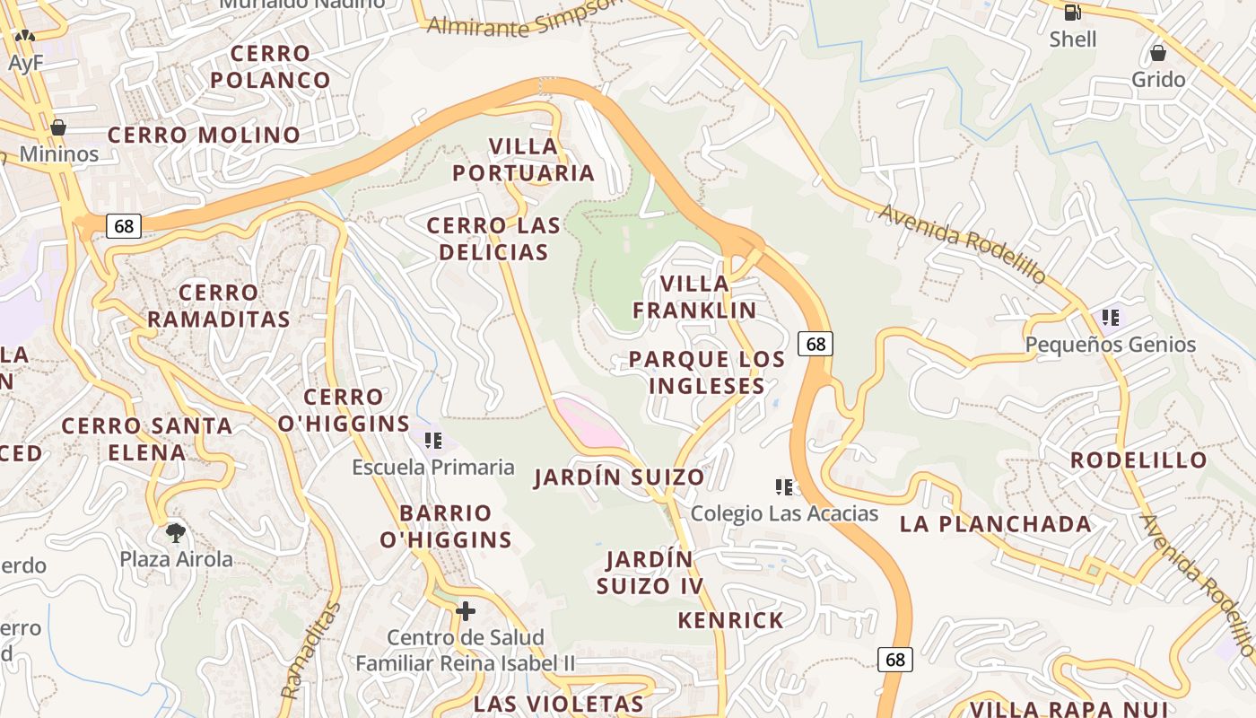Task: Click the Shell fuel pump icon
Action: pyautogui.click(x=1072, y=12)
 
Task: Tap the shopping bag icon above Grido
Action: pyautogui.click(x=1158, y=52)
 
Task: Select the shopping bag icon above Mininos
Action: pyautogui.click(x=58, y=127)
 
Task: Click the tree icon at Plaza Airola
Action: pyautogui.click(x=176, y=532)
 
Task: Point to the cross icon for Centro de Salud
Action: pyautogui.click(x=465, y=611)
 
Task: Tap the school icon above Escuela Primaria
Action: pyautogui.click(x=433, y=441)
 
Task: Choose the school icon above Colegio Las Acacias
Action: pyautogui.click(x=784, y=487)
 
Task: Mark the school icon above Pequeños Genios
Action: pyautogui.click(x=1111, y=318)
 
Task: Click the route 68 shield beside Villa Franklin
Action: pyautogui.click(x=815, y=343)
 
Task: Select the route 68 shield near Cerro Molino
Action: pyautogui.click(x=124, y=226)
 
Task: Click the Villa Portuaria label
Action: pyautogui.click(x=524, y=160)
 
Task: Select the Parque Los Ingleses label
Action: pyautogui.click(x=707, y=372)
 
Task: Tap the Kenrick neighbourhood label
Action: pyautogui.click(x=730, y=620)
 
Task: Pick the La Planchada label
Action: pyautogui.click(x=996, y=524)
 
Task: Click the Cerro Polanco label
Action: pyautogui.click(x=270, y=67)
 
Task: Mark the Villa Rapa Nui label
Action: pyautogui.click(x=1068, y=708)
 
